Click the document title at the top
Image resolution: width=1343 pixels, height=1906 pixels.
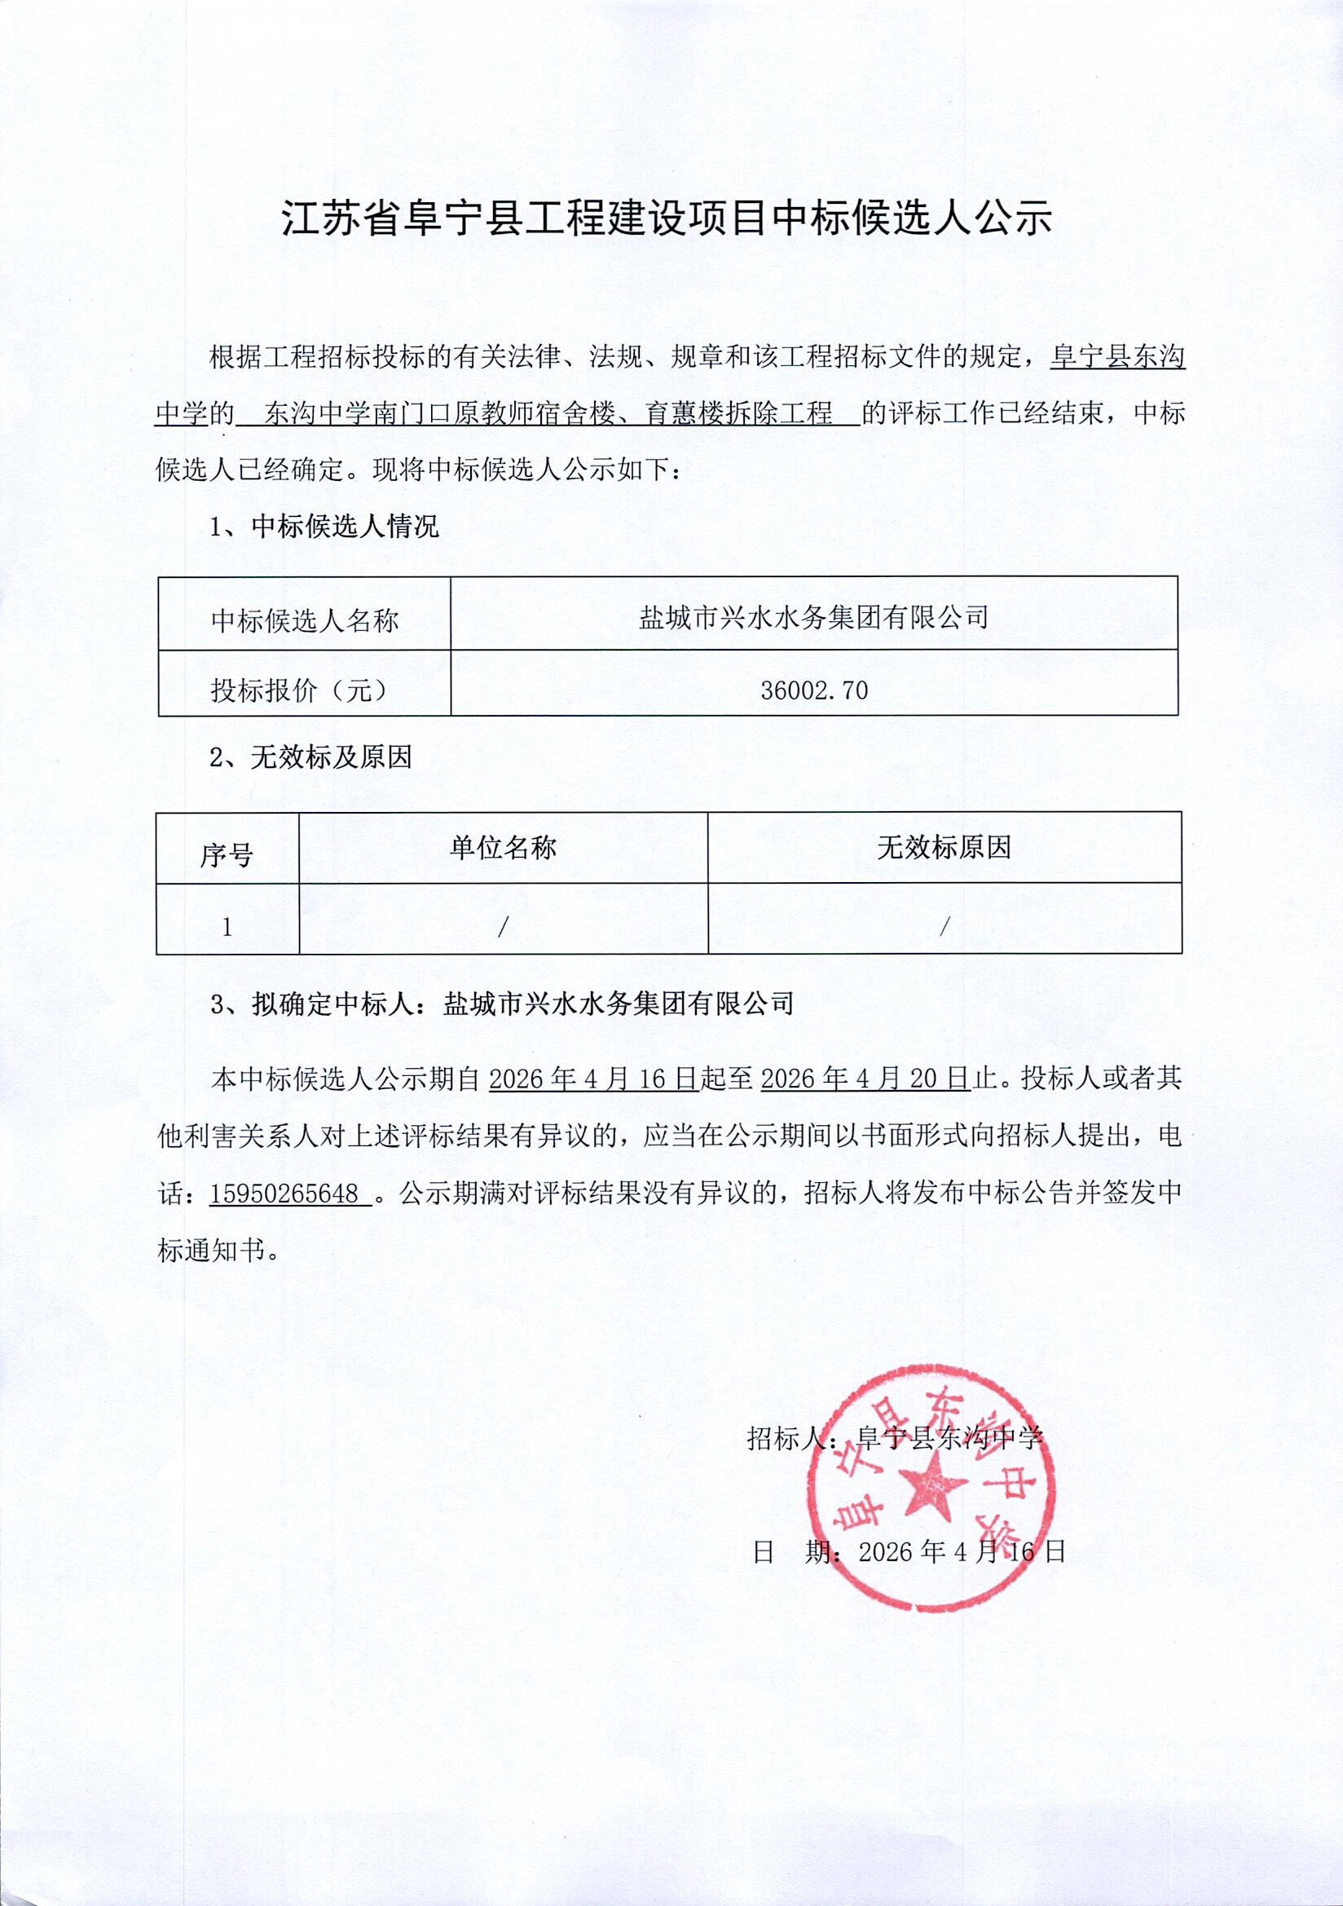click(667, 218)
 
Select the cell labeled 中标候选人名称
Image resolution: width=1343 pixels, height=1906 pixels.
click(305, 620)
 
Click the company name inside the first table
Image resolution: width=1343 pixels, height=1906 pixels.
click(813, 618)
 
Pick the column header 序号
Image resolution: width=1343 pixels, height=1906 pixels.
click(227, 854)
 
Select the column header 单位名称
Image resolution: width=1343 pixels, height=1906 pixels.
click(503, 848)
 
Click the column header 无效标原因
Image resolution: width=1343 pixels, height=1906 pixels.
click(944, 848)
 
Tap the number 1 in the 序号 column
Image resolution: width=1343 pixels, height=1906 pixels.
click(227, 927)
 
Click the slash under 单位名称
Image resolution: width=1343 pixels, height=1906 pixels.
click(502, 927)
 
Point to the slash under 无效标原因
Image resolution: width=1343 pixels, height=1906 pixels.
click(944, 927)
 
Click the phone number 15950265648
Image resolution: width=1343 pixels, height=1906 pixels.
click(284, 1193)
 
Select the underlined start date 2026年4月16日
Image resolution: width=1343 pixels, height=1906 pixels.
click(592, 1079)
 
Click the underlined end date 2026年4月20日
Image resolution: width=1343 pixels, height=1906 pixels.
click(864, 1079)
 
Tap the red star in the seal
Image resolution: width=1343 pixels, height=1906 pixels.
click(931, 1485)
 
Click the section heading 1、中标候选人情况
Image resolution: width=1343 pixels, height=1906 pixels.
click(324, 527)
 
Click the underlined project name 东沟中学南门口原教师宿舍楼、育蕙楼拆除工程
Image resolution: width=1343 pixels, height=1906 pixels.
click(548, 413)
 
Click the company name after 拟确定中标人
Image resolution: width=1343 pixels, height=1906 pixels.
click(619, 1004)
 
